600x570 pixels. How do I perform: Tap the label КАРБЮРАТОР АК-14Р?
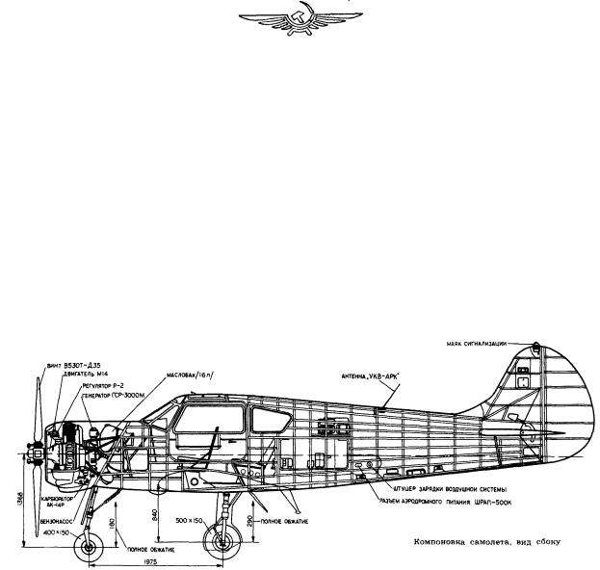(55, 504)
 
